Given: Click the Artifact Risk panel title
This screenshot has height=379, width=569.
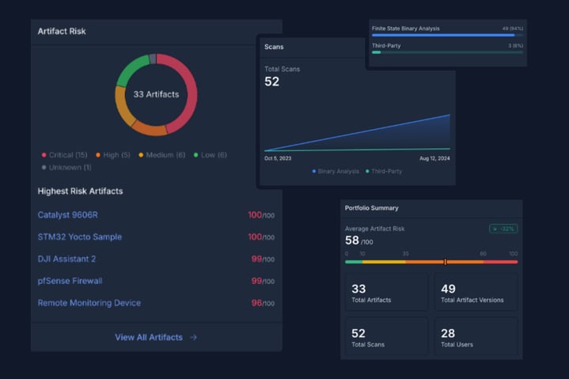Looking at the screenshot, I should point(62,32).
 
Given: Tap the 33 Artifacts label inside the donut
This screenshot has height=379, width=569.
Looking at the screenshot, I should point(156,94).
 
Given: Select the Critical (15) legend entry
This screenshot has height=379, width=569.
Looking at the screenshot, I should point(67,155).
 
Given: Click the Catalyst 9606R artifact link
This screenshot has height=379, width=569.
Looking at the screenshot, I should point(67,215).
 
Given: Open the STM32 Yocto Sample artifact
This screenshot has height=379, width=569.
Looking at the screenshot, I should point(79,237).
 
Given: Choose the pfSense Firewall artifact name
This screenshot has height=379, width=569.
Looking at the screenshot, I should point(70,281).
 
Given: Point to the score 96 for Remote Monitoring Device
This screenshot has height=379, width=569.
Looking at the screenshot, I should point(256,303).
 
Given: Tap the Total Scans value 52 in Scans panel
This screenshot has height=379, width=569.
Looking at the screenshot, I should point(271,81).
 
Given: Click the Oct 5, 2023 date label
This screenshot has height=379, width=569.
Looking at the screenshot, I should point(278,158).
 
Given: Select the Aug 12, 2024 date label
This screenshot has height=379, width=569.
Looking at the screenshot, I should point(434,158).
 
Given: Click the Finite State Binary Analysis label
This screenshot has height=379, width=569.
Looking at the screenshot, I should point(405,28).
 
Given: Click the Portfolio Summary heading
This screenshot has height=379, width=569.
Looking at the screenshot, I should point(371,208).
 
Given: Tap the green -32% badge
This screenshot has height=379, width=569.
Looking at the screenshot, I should point(503,229).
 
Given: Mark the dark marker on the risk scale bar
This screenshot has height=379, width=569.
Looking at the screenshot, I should point(446,262).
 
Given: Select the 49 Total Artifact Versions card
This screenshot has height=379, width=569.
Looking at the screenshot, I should point(476,293).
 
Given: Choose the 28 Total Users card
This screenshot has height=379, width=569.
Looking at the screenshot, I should point(476,338).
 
